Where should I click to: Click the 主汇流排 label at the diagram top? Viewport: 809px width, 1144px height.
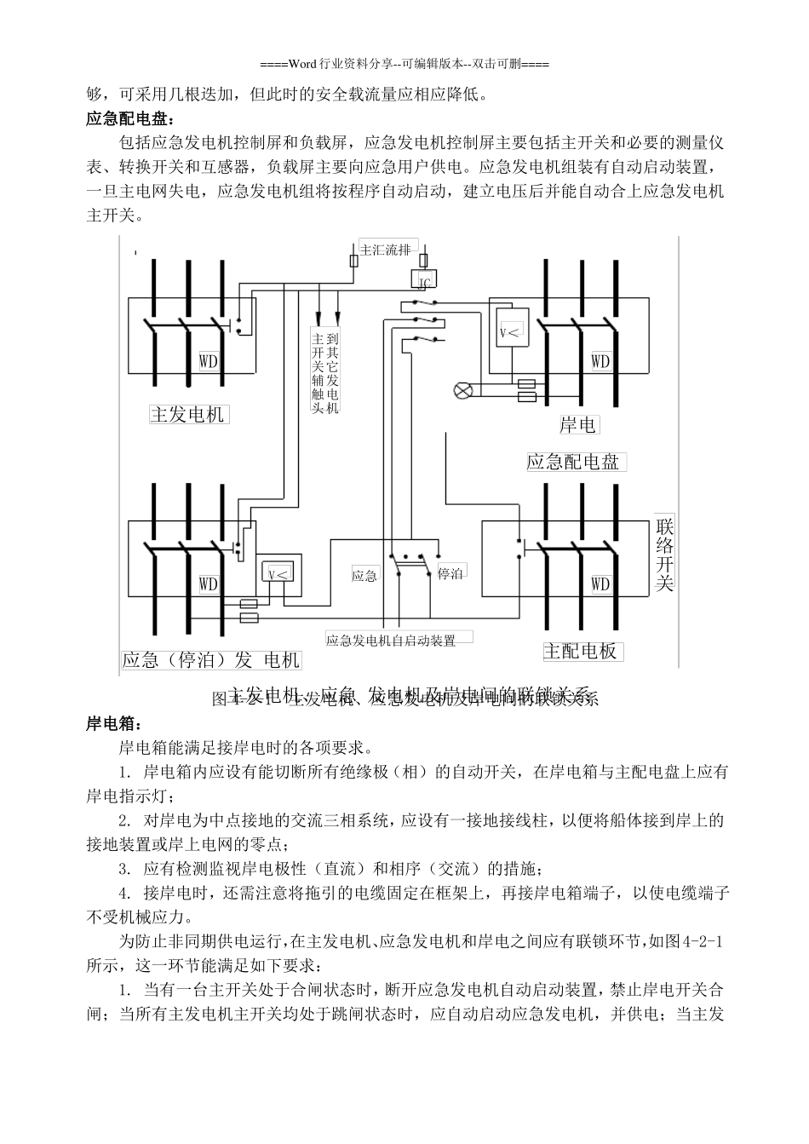click(x=385, y=250)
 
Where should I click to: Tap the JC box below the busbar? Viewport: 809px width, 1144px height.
click(x=423, y=281)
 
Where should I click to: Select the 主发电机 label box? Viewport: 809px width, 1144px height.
click(x=187, y=414)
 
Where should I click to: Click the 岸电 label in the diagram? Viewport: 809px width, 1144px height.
click(x=578, y=424)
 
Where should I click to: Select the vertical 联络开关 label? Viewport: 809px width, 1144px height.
click(x=665, y=555)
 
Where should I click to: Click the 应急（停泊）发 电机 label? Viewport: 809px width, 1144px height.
click(x=210, y=660)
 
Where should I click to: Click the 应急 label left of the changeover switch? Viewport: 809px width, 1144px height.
click(x=364, y=576)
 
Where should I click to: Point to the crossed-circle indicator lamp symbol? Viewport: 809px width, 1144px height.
click(x=462, y=390)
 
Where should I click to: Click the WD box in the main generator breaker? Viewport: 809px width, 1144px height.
click(x=209, y=361)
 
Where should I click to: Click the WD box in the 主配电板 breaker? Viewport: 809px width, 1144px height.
click(x=600, y=584)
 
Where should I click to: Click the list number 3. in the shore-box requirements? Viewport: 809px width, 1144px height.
click(x=125, y=869)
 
